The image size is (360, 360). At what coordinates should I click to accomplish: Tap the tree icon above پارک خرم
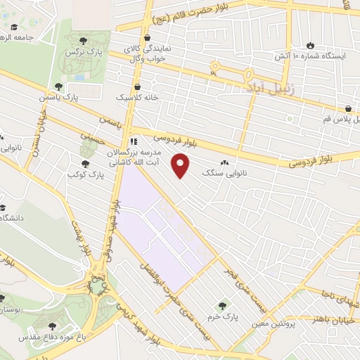click(224, 306)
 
